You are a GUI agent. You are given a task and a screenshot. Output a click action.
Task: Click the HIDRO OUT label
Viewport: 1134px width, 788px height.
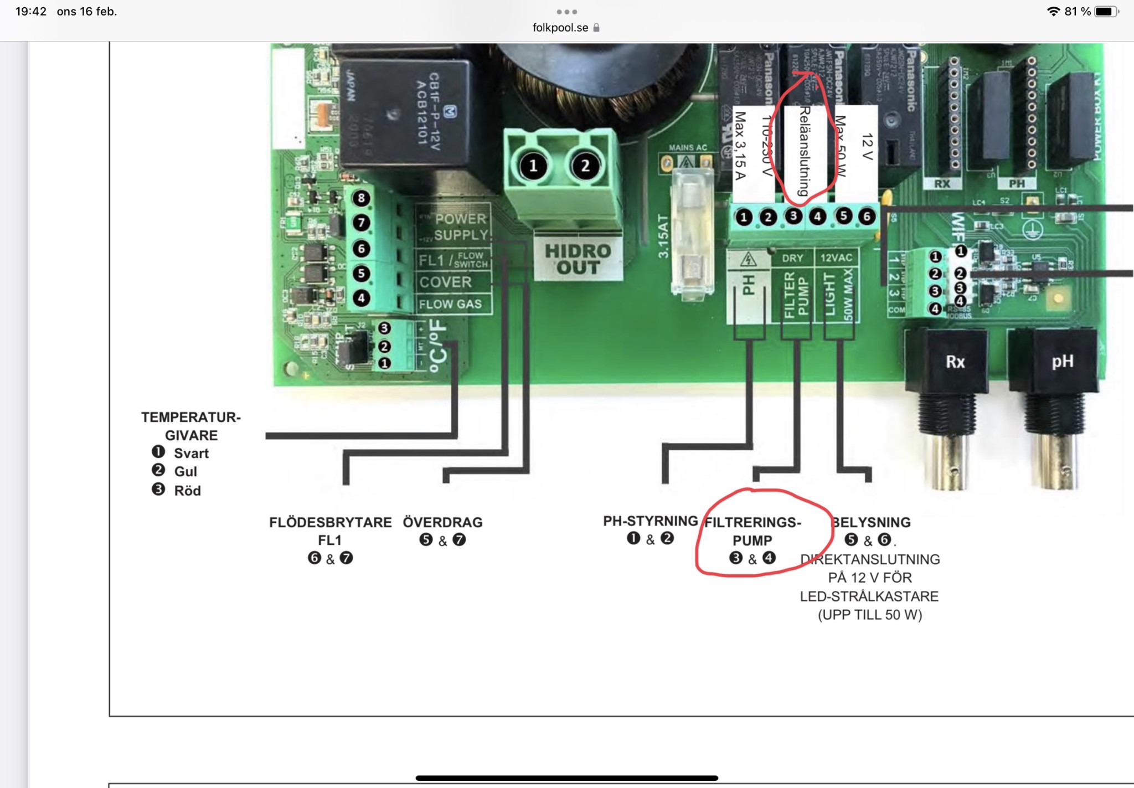click(578, 259)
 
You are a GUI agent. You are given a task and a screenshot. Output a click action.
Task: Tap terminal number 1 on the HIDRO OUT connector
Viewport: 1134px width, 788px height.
click(533, 166)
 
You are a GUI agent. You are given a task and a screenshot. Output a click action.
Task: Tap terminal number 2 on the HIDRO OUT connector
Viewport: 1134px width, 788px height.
click(585, 166)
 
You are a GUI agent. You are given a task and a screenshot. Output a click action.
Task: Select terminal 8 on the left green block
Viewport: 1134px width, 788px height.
click(361, 198)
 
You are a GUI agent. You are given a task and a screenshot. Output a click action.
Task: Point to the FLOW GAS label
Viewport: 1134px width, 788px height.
click(450, 304)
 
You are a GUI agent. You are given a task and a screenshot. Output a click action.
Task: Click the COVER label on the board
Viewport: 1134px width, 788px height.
click(446, 282)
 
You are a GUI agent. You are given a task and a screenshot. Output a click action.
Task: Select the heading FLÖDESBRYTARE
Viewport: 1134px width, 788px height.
click(330, 522)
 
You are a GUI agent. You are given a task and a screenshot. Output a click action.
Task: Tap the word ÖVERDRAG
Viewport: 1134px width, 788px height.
click(442, 522)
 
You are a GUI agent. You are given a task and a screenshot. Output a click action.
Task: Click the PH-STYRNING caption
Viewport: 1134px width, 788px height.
click(650, 521)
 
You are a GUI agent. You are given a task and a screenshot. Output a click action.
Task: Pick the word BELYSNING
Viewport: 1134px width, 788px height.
click(872, 522)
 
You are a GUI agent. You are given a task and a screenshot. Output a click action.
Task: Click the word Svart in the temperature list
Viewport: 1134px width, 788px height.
click(191, 454)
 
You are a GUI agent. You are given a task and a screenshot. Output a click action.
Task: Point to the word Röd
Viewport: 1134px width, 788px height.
click(187, 491)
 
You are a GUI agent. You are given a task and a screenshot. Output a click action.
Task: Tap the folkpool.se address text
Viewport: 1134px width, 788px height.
click(560, 28)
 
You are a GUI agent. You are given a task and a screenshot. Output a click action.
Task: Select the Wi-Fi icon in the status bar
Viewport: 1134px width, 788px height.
click(1053, 12)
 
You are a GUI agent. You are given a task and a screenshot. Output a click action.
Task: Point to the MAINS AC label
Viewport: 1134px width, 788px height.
click(688, 148)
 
